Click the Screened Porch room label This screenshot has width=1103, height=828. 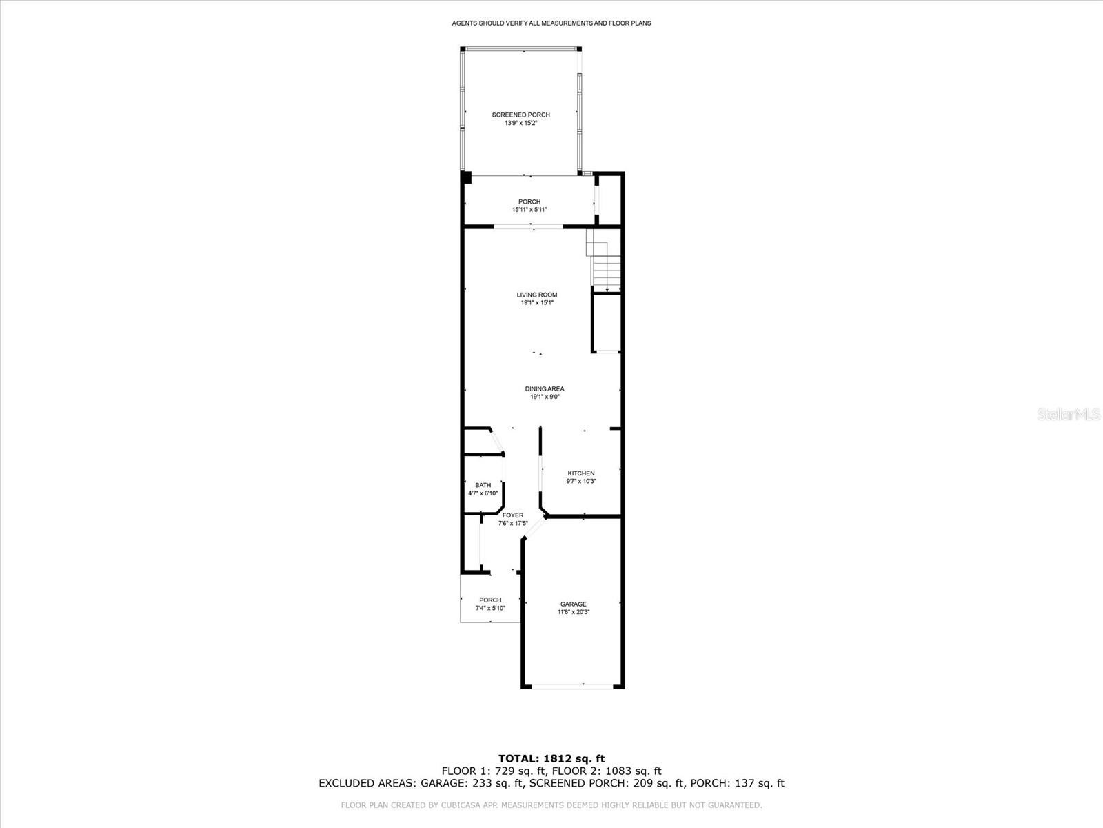coord(520,115)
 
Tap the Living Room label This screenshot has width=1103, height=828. coord(536,295)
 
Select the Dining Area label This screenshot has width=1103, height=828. coord(544,388)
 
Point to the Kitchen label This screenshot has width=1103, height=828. coord(581,473)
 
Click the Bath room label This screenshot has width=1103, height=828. coord(483,485)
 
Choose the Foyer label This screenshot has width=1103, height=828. coord(513,515)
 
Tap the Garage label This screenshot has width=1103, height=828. coord(574,604)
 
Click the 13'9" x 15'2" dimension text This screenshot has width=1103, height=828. coord(520,123)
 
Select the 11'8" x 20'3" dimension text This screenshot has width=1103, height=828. coord(574,612)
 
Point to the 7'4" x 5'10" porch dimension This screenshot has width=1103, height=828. coord(490,608)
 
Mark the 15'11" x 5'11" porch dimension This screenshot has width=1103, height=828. coord(529,210)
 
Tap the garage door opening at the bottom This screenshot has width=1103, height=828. coord(573,686)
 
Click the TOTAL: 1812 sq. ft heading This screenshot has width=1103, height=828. coord(551,758)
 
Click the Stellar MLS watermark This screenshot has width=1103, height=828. coord(1069,414)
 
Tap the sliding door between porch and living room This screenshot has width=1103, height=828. coord(528,227)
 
